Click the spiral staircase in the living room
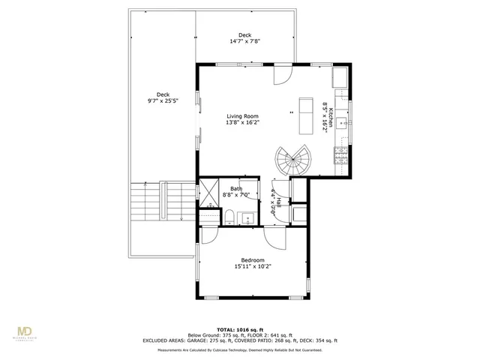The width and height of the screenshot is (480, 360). (x=291, y=160)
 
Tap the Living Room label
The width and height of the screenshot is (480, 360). (x=242, y=116)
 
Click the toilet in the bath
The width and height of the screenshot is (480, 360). (x=229, y=217)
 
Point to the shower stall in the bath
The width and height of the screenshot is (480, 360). (x=211, y=192)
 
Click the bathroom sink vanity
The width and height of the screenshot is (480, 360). (x=248, y=218)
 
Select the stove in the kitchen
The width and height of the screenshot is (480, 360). (x=340, y=155)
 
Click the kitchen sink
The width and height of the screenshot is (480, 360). (x=341, y=120)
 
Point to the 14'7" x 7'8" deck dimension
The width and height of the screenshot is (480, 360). (x=244, y=42)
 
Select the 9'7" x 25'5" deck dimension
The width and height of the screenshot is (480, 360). (x=163, y=100)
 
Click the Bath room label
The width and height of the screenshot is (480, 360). (x=236, y=189)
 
